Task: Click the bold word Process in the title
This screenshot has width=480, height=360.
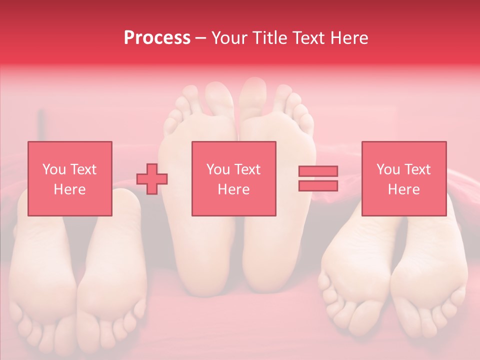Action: click(x=157, y=38)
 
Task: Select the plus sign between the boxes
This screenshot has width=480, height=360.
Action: click(x=152, y=178)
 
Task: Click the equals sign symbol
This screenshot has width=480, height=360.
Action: click(x=318, y=178)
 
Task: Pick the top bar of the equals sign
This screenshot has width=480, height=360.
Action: click(x=318, y=171)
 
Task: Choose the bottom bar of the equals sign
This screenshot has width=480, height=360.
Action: click(x=318, y=185)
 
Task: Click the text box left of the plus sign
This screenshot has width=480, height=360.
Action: click(x=69, y=178)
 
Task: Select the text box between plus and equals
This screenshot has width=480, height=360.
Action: click(x=233, y=178)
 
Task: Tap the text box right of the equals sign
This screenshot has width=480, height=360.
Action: click(x=403, y=178)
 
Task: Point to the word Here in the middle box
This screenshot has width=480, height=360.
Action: click(x=233, y=189)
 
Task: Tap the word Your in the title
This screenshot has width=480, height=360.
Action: click(x=229, y=38)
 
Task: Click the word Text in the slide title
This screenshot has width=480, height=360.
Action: click(x=308, y=38)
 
